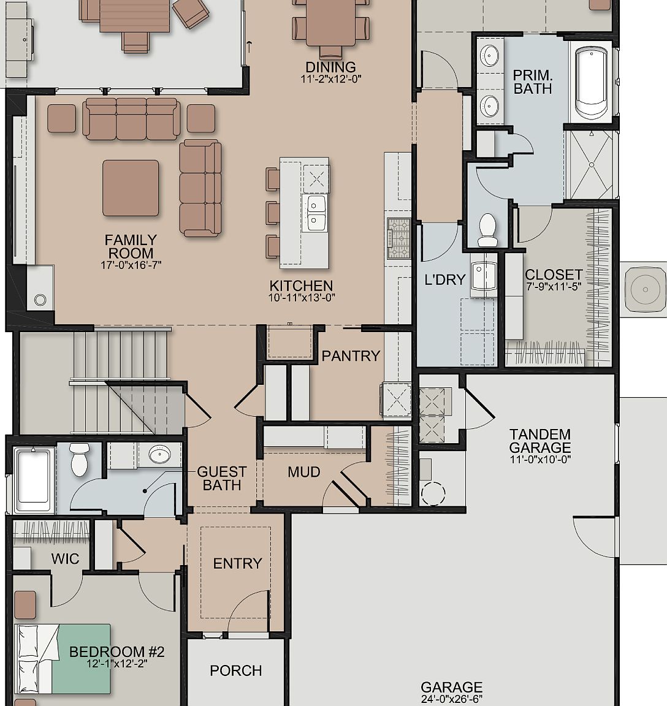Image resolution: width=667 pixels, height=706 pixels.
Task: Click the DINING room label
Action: [330, 67]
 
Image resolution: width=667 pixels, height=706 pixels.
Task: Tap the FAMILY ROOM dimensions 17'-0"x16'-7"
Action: [131, 265]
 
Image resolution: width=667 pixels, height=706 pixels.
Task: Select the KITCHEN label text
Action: [301, 286]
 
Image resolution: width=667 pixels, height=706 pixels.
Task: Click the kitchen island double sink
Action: [316, 212]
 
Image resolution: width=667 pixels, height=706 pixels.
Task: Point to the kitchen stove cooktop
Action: [398, 238]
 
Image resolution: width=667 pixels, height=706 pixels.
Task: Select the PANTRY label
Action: [351, 356]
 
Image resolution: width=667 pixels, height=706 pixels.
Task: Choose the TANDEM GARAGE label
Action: [539, 441]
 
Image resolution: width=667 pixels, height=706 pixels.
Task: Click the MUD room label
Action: [304, 472]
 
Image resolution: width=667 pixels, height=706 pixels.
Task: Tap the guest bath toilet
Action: [80, 460]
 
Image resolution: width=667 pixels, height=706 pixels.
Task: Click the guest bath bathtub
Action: [33, 481]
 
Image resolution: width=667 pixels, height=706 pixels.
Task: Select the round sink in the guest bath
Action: [160, 454]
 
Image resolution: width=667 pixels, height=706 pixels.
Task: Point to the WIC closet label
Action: [65, 558]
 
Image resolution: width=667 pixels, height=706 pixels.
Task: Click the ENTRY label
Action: [237, 563]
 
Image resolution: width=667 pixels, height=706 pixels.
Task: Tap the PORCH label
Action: [236, 670]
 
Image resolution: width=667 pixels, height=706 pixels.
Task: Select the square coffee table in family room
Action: [131, 188]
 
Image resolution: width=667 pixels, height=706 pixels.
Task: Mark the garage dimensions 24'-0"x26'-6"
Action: [451, 699]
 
